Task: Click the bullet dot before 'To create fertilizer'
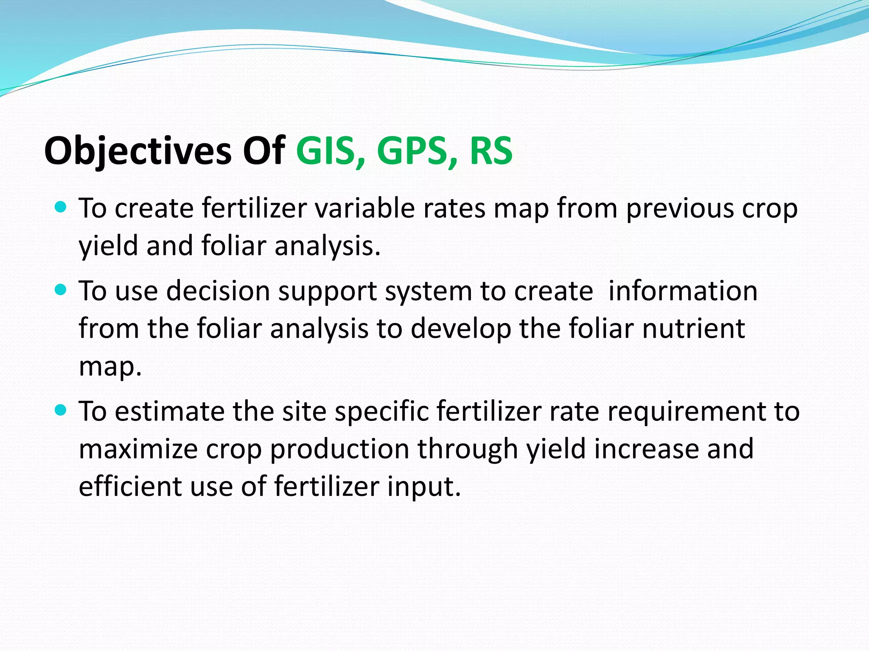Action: tap(61, 207)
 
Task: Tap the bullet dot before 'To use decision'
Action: tap(61, 290)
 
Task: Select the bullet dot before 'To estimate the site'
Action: tap(61, 410)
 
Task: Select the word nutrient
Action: tap(693, 328)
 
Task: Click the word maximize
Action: tap(138, 449)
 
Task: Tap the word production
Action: tap(339, 450)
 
